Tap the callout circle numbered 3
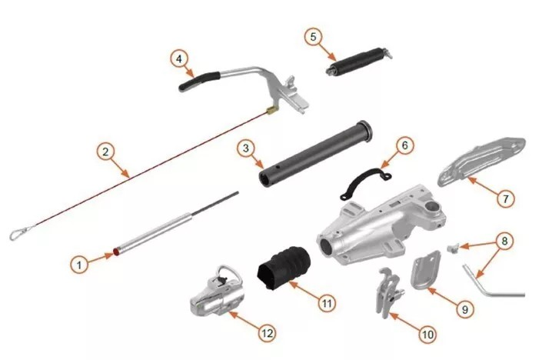[244, 147]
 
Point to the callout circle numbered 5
[312, 36]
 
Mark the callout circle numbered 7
[504, 198]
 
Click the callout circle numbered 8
[504, 240]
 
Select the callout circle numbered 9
[464, 308]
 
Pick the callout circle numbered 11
[328, 302]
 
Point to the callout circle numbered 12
[267, 333]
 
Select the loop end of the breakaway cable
[18, 232]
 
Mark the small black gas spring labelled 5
[358, 61]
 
